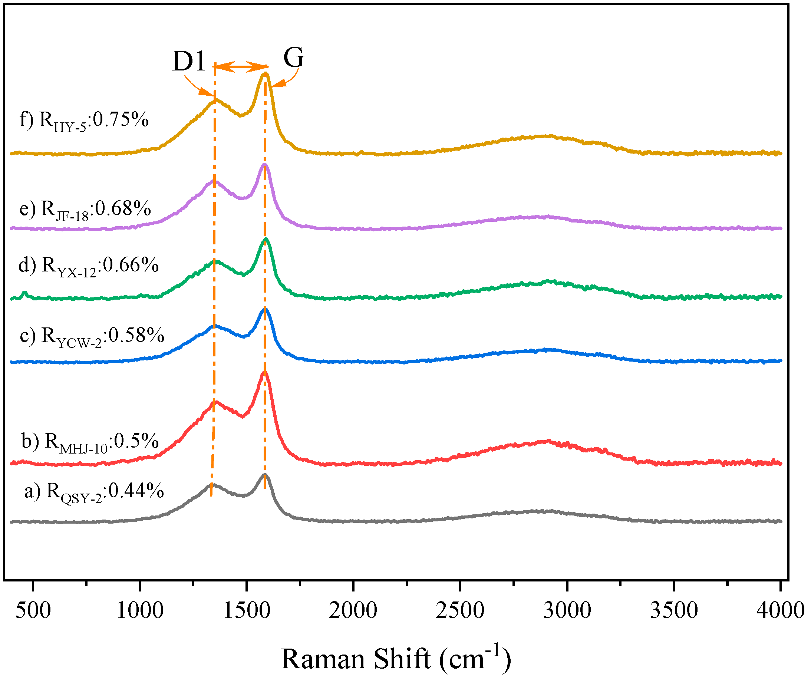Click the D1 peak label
[188, 61]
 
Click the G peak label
[293, 57]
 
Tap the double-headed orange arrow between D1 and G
[241, 67]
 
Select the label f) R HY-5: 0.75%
[84, 120]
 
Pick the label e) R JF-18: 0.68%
[85, 210]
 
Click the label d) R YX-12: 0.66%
[88, 266]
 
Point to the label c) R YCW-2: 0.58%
[92, 336]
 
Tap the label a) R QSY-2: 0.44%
[94, 492]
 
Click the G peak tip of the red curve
[264, 372]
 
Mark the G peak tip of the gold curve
[265, 73]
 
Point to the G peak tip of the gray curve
[265, 475]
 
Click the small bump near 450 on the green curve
[25, 294]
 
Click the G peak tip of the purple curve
[264, 165]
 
